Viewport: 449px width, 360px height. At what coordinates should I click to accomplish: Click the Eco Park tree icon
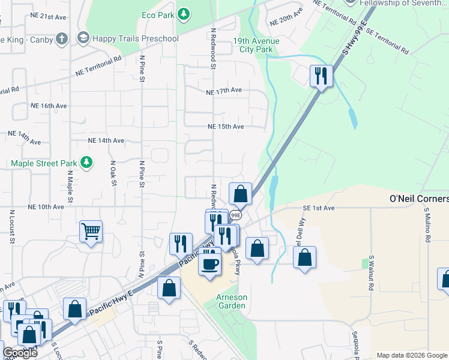[184, 13]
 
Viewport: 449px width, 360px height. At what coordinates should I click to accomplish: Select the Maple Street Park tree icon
[87, 162]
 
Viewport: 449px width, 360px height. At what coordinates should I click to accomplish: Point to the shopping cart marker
[91, 230]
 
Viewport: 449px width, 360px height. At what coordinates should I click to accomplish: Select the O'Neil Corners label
[419, 199]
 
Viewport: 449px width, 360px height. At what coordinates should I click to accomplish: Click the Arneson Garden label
[231, 301]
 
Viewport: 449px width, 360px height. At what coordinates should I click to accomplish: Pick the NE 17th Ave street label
[223, 91]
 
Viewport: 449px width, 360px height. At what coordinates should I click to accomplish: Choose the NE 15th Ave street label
[226, 127]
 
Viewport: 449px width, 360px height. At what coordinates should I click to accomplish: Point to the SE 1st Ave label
[318, 208]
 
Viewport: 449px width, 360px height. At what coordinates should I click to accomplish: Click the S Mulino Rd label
[428, 223]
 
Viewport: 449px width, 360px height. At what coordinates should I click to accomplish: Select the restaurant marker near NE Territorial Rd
[321, 76]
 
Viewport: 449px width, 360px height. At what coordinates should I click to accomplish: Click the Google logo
[20, 353]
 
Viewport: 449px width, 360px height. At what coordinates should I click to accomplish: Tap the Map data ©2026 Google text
[411, 355]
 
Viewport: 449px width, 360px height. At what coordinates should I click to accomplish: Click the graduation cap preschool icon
[83, 39]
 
